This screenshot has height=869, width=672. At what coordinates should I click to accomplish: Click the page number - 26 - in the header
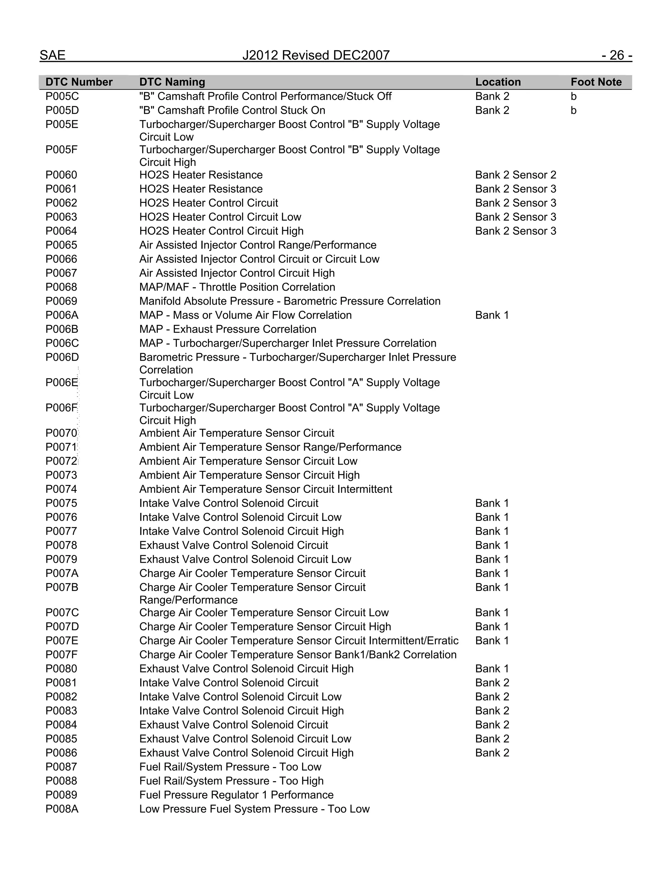point(616,55)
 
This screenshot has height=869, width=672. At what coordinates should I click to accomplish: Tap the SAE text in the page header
point(52,55)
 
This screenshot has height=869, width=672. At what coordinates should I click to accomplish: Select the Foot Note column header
point(596,82)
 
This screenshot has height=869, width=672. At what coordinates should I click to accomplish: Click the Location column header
point(498,82)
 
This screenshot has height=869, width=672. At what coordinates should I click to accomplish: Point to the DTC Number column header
point(79,82)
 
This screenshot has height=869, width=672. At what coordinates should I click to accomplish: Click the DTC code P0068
point(61,287)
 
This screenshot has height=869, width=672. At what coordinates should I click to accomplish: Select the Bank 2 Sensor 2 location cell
point(515,175)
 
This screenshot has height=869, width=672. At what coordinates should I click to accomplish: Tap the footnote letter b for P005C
point(573,96)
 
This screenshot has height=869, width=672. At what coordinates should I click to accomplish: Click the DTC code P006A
point(62,315)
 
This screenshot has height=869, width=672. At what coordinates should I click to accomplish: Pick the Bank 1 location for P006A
point(492,315)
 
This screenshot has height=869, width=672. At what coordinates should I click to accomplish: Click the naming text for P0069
point(290,301)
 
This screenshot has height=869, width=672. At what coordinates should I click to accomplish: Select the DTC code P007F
point(62,655)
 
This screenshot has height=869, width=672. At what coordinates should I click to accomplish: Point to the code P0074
point(61,489)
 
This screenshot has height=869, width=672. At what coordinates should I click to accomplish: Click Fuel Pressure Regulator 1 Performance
point(237,795)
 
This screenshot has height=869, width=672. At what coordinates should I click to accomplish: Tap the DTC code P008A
point(62,809)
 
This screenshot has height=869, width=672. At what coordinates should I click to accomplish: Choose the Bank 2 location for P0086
point(492,753)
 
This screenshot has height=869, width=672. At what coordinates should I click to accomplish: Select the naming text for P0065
point(258,245)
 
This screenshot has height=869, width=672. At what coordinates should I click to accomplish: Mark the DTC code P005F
point(62,150)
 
